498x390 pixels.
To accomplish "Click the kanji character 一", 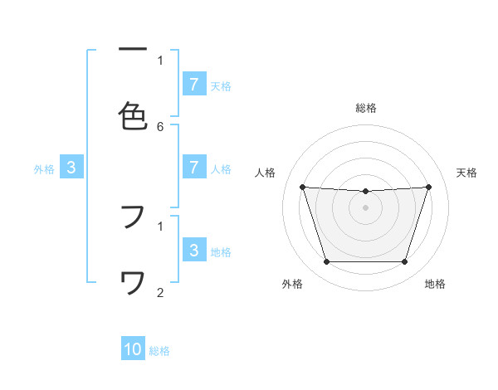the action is coord(133,51).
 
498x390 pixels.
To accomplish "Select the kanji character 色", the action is coord(133,116).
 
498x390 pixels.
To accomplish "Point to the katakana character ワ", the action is coord(133,284).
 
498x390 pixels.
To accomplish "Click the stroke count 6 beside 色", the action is coord(160,126).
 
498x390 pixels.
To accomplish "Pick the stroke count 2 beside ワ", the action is coord(160,292).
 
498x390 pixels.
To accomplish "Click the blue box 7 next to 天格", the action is coord(193,84).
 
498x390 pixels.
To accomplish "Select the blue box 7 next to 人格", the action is coord(193,168).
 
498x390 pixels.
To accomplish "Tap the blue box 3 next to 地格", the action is coord(193,251).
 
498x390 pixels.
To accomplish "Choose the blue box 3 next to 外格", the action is coord(71,168).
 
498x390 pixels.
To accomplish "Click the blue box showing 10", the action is coord(133,349).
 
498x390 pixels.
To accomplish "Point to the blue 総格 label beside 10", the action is coord(159,351).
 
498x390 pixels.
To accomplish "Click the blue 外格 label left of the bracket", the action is coord(44,169).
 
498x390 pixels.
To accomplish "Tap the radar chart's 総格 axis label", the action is coord(366,108).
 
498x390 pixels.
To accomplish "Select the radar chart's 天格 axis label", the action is coord(466,173).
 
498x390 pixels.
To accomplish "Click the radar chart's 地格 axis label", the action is coord(435,285).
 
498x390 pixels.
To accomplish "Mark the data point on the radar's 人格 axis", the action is coord(302,187).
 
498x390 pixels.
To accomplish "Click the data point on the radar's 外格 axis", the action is coord(326,262).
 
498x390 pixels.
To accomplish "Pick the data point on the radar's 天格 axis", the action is coord(429,187).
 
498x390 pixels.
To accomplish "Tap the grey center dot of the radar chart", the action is coord(365,207).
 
